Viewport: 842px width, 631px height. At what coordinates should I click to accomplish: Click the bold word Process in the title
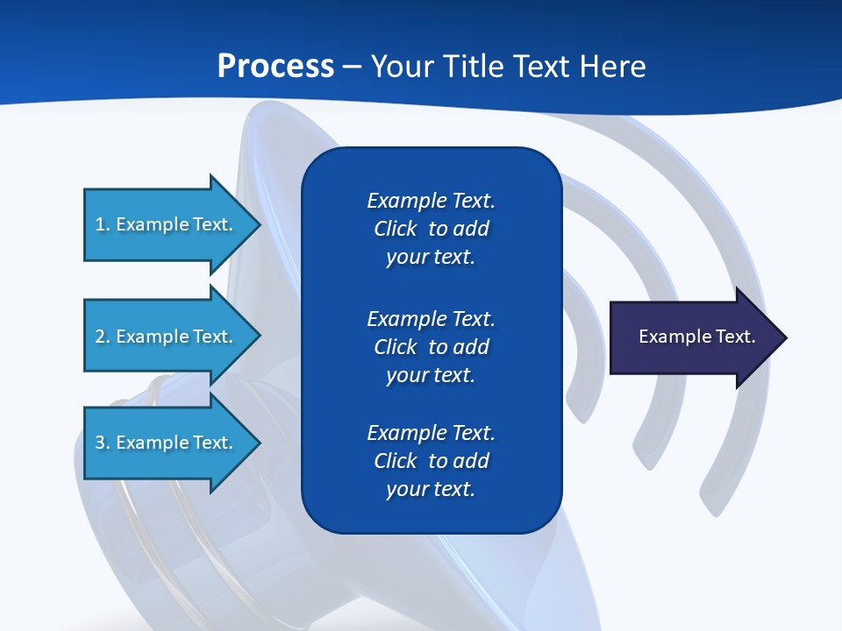tap(275, 67)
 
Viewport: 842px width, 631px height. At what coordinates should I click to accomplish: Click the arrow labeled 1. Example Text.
tap(167, 224)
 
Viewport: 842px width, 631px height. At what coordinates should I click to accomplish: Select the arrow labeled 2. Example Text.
tap(167, 337)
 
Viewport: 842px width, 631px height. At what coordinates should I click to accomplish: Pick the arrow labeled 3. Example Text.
tap(167, 443)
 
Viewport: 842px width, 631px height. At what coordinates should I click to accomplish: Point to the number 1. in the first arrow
tap(103, 224)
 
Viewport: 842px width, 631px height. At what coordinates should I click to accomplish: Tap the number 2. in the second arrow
tap(103, 337)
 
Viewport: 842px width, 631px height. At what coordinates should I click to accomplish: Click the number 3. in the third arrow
tap(103, 443)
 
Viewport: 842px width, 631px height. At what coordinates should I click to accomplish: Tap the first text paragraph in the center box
tap(431, 229)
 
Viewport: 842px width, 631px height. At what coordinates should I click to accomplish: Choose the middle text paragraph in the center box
tap(431, 347)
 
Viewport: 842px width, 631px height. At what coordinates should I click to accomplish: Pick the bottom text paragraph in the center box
tap(431, 461)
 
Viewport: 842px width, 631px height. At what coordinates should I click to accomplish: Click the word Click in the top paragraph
tap(395, 229)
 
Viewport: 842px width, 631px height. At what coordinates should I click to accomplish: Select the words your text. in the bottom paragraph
tap(431, 489)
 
